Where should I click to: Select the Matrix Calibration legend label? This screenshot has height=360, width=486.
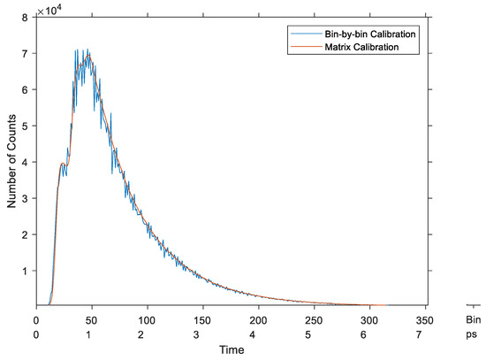coord(359,48)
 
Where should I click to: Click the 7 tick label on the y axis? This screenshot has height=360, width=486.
coord(29,53)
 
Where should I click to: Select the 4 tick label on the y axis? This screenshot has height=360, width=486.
coord(29,162)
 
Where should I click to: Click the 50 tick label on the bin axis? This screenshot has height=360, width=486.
coord(87,319)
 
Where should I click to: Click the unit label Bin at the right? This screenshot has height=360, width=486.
coord(473,319)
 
